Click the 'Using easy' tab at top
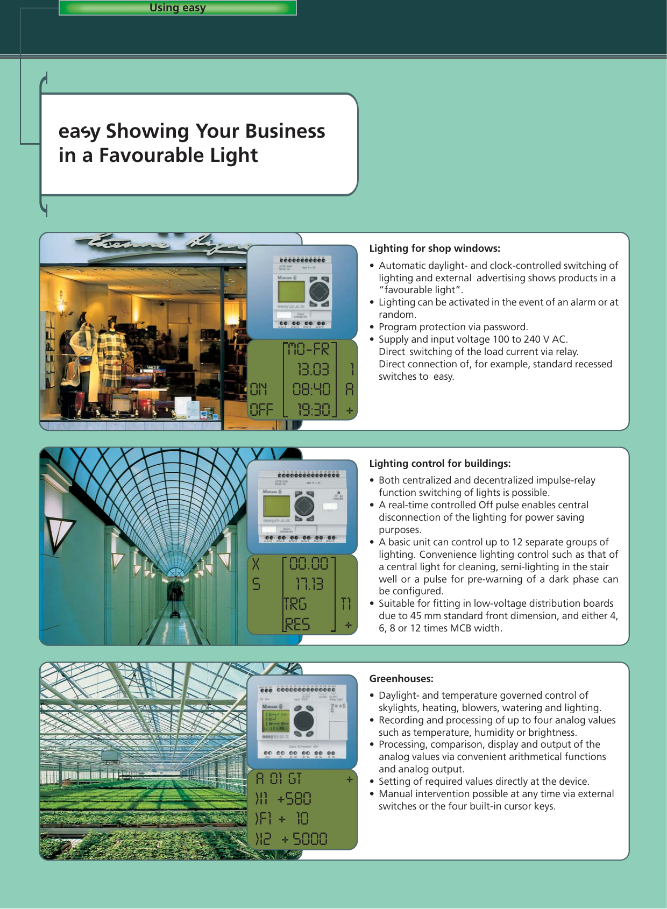(178, 8)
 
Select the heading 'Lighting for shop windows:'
(434, 248)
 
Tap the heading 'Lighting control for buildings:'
(439, 464)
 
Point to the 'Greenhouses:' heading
(401, 679)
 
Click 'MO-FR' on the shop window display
(309, 350)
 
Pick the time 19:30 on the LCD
(313, 410)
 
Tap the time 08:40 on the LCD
(311, 389)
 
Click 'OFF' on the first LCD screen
(261, 410)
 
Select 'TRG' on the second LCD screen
(296, 605)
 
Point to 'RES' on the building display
(297, 624)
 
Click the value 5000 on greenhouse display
(309, 839)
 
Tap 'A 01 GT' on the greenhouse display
(278, 779)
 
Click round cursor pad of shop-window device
(318, 293)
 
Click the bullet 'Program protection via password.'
(453, 327)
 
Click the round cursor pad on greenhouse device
(303, 721)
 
